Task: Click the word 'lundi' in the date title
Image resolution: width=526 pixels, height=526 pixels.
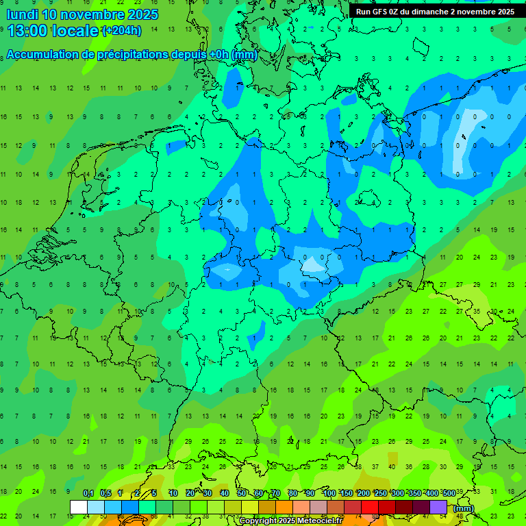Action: [x=22, y=14]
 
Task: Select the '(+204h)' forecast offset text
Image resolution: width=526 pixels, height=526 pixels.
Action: [x=121, y=31]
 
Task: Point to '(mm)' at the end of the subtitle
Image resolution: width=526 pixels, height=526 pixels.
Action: [x=245, y=55]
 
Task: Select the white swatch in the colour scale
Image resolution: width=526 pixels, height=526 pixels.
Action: [x=79, y=508]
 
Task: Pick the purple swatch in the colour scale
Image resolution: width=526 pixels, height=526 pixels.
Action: [x=439, y=508]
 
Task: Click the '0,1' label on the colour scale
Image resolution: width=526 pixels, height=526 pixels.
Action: [x=88, y=494]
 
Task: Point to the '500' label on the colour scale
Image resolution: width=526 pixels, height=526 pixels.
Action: [x=449, y=494]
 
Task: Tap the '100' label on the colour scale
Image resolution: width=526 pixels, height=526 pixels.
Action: [x=329, y=494]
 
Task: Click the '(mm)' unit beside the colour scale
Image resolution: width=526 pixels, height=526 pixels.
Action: [x=464, y=508]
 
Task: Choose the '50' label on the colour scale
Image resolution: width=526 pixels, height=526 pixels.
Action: [x=242, y=494]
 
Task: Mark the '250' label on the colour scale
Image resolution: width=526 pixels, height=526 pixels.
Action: [x=381, y=494]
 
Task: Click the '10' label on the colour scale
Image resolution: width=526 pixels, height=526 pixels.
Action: [x=173, y=494]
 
